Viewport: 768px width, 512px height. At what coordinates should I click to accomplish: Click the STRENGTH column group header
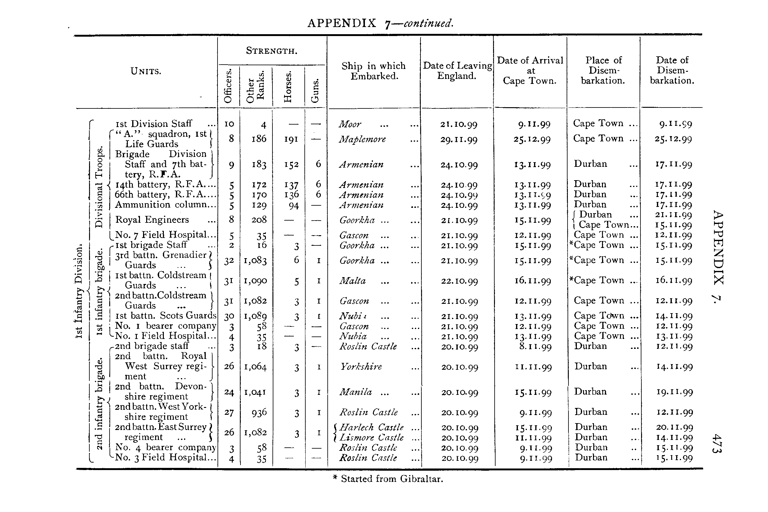tap(271, 51)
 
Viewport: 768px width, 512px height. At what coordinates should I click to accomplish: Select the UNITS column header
tap(146, 71)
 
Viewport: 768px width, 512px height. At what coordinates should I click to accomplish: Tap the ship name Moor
tap(350, 124)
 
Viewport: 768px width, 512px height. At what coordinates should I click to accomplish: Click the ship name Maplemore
tap(362, 139)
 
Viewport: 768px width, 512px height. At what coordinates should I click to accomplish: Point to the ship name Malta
tap(353, 281)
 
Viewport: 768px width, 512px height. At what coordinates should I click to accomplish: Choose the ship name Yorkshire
tap(361, 367)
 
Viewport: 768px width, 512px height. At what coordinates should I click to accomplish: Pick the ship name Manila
tap(356, 392)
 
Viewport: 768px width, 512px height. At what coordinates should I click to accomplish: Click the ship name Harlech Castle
tap(371, 427)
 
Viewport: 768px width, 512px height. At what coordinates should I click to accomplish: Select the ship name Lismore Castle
tap(372, 437)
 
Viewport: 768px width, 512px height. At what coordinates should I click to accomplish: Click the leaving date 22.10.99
tap(459, 281)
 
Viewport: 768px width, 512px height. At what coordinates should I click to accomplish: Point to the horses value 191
tap(290, 139)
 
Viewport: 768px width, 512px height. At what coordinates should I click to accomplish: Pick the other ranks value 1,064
tap(255, 367)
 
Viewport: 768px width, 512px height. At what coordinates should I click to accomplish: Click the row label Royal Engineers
tap(152, 220)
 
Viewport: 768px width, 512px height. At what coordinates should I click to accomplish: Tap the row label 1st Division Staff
tap(154, 124)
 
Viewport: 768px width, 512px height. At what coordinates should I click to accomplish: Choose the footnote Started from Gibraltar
tap(388, 479)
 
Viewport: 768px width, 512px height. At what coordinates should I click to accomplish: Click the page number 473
tap(717, 443)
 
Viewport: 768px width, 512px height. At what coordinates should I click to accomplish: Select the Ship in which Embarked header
tap(373, 71)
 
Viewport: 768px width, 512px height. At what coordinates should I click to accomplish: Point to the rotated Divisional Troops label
tap(99, 187)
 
